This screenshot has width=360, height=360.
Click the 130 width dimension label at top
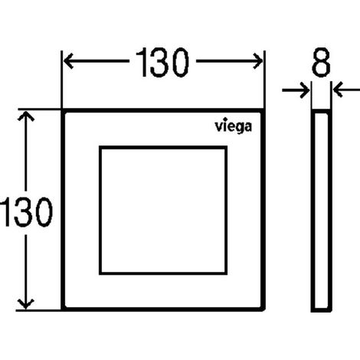click(x=162, y=62)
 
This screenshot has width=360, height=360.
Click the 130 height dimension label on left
click(x=26, y=212)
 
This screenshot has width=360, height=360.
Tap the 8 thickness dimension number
click(x=321, y=62)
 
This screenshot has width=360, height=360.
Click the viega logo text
click(x=233, y=126)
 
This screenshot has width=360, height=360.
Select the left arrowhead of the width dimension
click(x=68, y=61)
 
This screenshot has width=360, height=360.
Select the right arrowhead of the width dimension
click(x=258, y=61)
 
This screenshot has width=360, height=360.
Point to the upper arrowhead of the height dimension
click(x=26, y=116)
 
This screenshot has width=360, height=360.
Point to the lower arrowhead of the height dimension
click(x=26, y=304)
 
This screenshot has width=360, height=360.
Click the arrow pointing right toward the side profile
click(x=296, y=90)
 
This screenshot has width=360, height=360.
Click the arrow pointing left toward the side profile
click(x=346, y=90)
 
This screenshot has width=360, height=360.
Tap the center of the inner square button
click(x=163, y=210)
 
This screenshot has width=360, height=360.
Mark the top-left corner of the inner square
click(x=100, y=146)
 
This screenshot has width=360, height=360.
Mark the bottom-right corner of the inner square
click(x=227, y=274)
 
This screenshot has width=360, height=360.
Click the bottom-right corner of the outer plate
click(x=265, y=311)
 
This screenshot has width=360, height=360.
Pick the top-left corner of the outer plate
click(x=61, y=109)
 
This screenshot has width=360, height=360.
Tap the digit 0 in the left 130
click(x=44, y=212)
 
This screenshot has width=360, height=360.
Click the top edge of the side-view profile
click(x=322, y=111)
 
